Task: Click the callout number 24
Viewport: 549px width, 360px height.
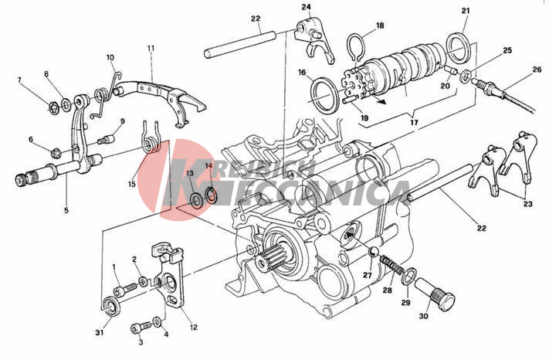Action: [x=307, y=7]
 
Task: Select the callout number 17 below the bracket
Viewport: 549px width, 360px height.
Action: [x=414, y=123]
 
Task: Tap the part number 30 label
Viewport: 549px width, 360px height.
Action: [x=423, y=316]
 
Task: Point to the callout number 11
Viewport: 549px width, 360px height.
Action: [x=151, y=48]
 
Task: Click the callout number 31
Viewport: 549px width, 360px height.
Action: [x=100, y=333]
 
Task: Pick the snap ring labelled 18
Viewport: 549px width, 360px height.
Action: [x=356, y=47]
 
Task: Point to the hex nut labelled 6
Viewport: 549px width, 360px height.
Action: [x=55, y=153]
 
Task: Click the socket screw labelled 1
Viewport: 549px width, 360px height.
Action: [x=124, y=289]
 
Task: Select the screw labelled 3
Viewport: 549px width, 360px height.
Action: [x=141, y=328]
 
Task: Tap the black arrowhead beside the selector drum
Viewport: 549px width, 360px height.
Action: [x=383, y=102]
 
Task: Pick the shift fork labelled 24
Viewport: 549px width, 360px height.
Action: [x=313, y=39]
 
